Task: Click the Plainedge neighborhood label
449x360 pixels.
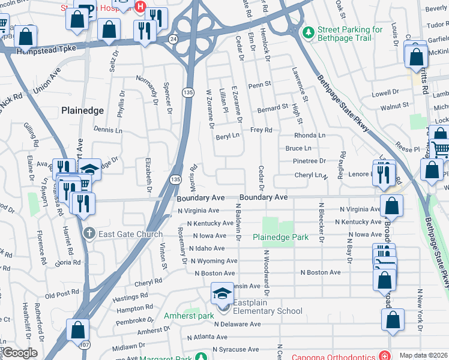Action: [x=83, y=110]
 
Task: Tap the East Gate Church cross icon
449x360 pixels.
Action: [x=88, y=233]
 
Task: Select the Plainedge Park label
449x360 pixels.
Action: [x=280, y=237]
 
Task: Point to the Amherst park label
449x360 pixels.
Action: [x=189, y=316]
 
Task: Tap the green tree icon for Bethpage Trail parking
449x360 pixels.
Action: [x=308, y=32]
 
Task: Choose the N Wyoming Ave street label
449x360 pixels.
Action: [x=214, y=261]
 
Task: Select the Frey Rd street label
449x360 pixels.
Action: [x=261, y=130]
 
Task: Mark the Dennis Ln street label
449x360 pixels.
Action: [x=107, y=130]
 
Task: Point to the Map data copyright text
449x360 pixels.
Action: [x=423, y=355]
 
